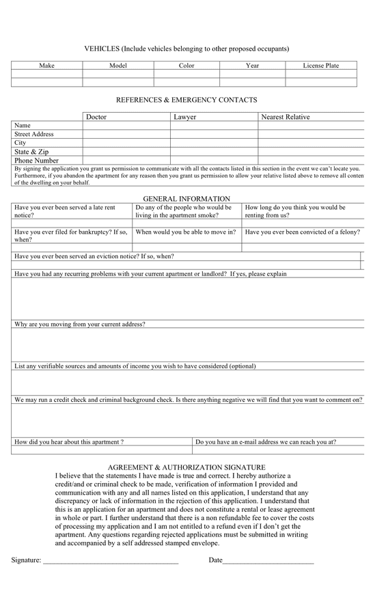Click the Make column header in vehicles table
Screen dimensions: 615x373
[46, 66]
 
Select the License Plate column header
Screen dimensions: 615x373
[320, 66]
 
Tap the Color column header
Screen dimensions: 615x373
[186, 66]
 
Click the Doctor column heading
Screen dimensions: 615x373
[96, 117]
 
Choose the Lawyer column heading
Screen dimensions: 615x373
[184, 117]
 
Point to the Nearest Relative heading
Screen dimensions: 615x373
[285, 117]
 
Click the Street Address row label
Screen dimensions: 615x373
[34, 135]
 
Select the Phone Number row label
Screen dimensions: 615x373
[36, 161]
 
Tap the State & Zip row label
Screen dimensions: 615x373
[31, 152]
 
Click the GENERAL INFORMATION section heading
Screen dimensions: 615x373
[186, 199]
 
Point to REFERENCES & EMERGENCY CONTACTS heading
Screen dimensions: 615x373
[186, 100]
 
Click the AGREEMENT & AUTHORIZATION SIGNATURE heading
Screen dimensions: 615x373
[186, 467]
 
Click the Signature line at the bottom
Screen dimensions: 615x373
[109, 561]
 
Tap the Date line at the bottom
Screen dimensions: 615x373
[268, 561]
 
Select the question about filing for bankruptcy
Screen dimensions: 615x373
[71, 236]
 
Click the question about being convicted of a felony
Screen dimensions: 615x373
[302, 232]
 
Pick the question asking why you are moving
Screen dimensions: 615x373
[80, 325]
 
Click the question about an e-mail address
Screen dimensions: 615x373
[266, 442]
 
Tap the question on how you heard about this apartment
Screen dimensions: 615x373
[69, 442]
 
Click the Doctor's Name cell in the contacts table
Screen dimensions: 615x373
[126, 126]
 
